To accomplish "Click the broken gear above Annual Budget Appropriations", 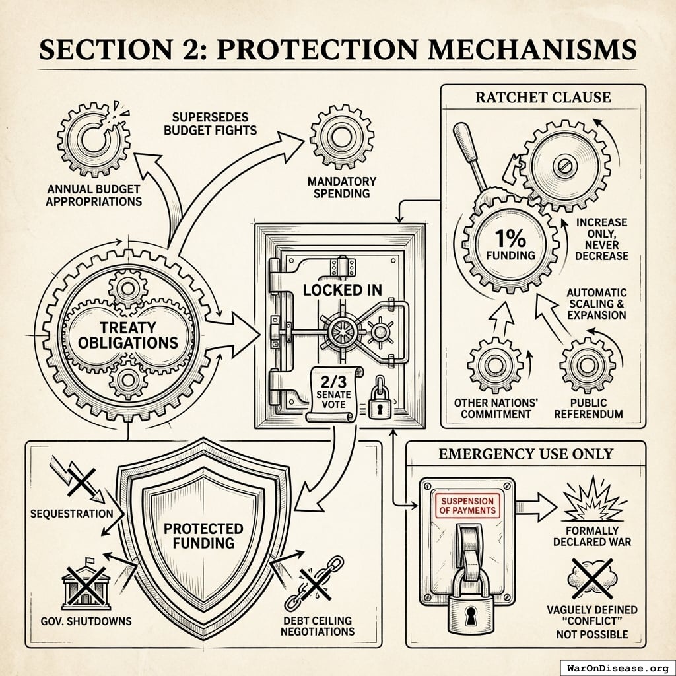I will point(93,138).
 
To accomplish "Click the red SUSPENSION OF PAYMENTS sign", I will point(463,506).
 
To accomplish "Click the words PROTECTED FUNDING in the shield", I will point(203,535).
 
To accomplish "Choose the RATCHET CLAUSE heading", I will point(543,98).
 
